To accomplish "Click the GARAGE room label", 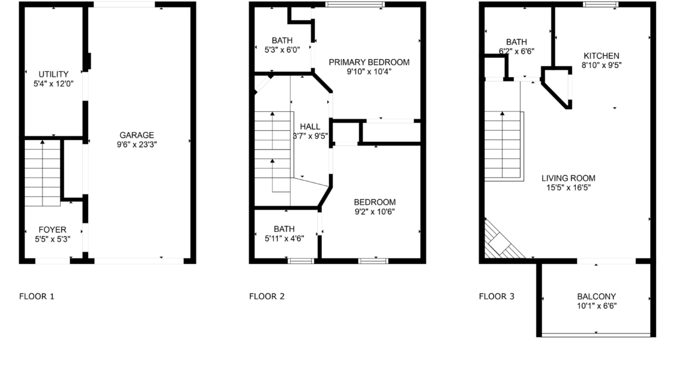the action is click(137, 135).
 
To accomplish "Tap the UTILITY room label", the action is click(54, 74).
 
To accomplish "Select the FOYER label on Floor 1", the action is click(52, 230).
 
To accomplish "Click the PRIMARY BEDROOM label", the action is click(369, 63).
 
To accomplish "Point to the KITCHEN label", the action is click(601, 56).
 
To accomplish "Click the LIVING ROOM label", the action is click(568, 178).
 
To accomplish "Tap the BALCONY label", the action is click(596, 297).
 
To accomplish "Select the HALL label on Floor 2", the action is click(310, 127).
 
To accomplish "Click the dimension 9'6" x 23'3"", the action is click(137, 145).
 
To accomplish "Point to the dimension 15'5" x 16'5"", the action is click(568, 188).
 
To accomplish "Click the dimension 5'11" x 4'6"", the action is click(284, 238).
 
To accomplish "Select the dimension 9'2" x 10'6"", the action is click(375, 212).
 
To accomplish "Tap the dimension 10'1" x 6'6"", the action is click(597, 306).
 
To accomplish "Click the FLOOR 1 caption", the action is click(36, 296).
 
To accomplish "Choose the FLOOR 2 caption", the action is click(266, 296).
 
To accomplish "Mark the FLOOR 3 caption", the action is click(496, 296).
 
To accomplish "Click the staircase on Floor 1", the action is click(42, 173).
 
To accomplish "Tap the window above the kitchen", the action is click(601, 5).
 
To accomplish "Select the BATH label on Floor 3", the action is click(516, 42).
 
